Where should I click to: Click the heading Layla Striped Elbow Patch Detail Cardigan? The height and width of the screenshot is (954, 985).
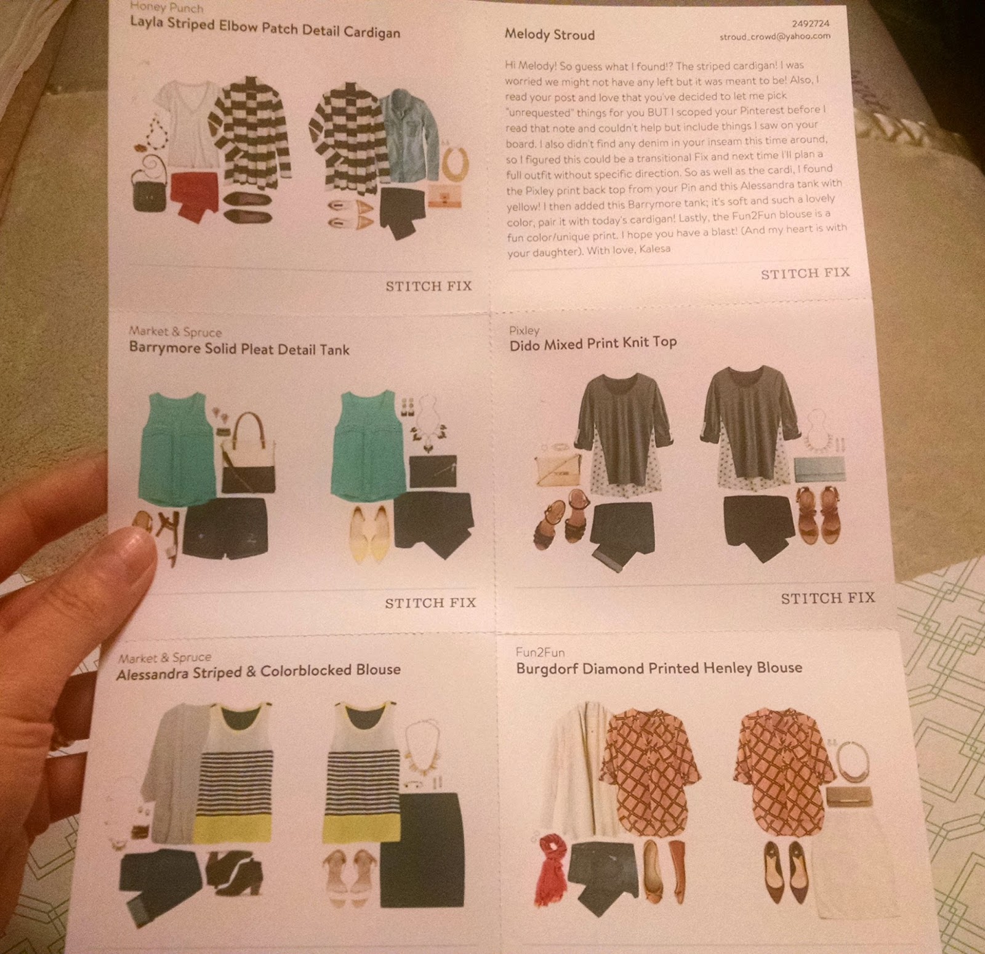[x=265, y=27]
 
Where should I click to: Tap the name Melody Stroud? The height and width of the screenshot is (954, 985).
[x=550, y=34]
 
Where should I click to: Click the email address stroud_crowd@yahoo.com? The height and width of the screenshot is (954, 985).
[x=775, y=36]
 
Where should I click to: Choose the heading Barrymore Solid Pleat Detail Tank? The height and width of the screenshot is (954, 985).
[x=239, y=348]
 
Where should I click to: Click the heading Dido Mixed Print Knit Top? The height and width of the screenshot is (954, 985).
[x=593, y=343]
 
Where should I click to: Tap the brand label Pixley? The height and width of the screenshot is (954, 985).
[x=524, y=330]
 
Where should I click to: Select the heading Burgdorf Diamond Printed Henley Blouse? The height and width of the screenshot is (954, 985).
[x=659, y=668]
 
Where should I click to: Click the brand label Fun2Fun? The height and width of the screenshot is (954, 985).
[x=540, y=652]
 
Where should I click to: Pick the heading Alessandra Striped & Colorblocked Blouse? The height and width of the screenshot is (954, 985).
[x=259, y=671]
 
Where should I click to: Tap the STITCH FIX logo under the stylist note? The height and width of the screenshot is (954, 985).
[x=805, y=273]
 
